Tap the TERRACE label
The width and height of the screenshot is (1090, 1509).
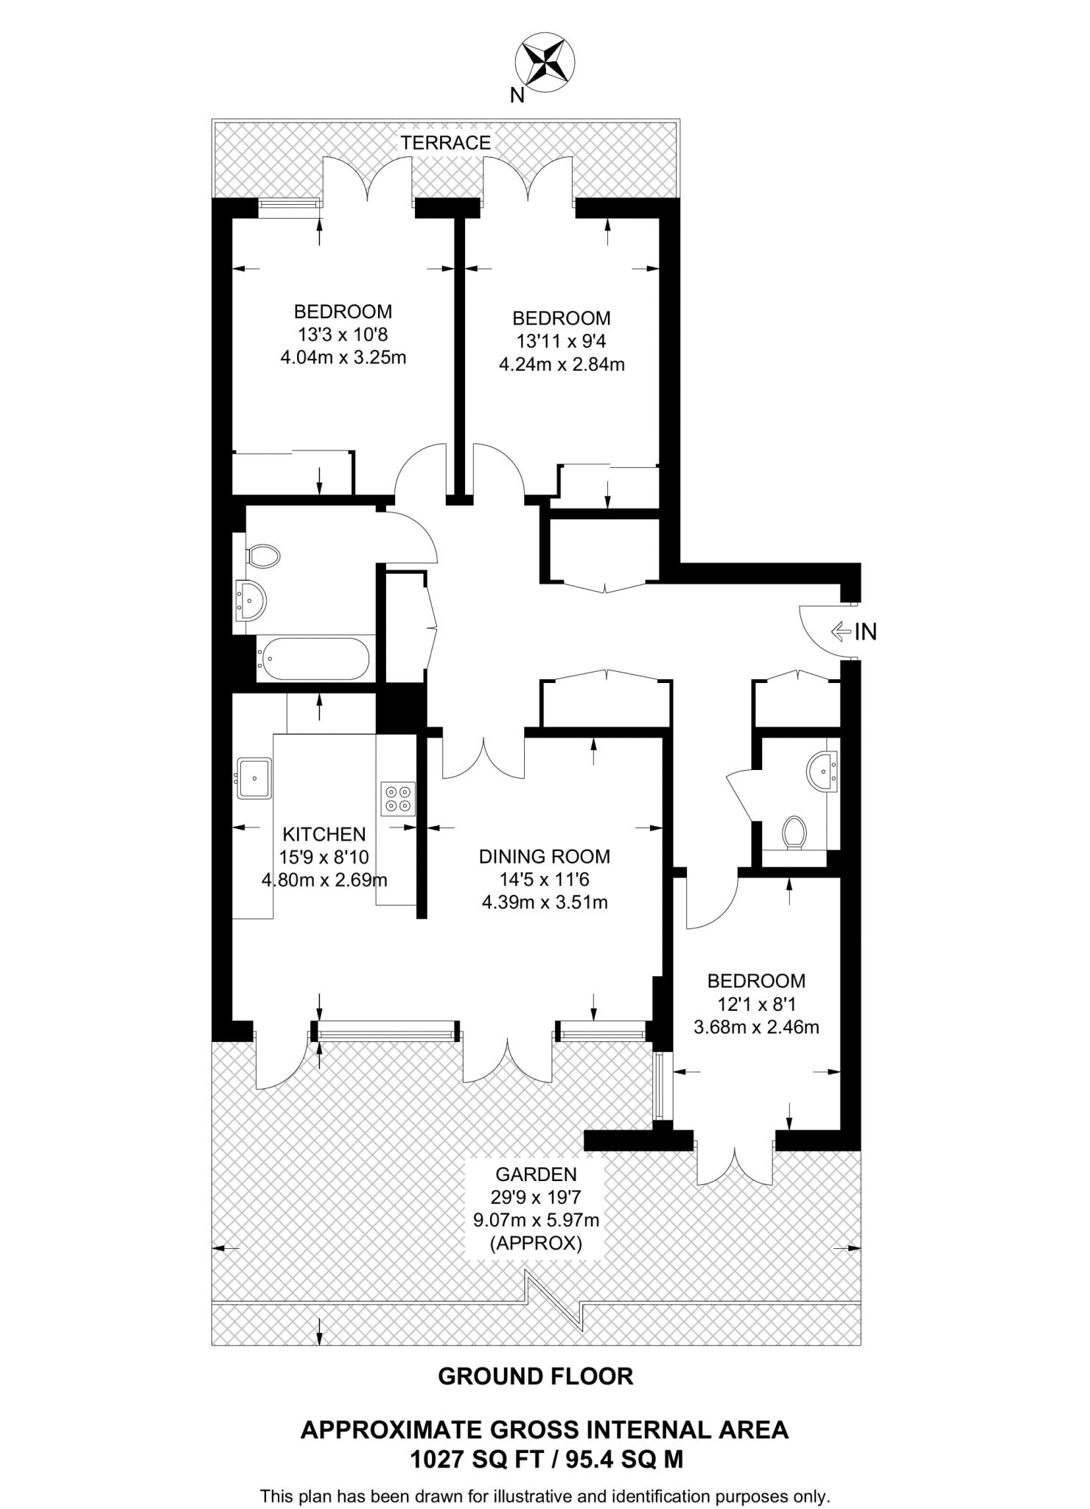point(445,143)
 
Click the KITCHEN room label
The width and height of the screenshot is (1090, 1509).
point(324,834)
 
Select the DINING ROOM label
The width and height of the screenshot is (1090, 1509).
point(544,856)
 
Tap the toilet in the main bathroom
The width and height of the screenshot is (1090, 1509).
point(263,556)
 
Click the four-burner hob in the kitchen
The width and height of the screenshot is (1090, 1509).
point(397,799)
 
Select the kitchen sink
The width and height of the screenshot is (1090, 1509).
point(254,778)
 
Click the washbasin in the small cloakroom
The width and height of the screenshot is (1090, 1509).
point(821,771)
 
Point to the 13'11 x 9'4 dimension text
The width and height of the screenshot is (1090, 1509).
point(561,342)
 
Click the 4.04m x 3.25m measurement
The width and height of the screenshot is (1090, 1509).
point(343,358)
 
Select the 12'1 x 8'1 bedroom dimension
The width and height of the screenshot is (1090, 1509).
point(755,1004)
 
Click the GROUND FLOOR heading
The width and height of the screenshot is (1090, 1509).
point(535,1376)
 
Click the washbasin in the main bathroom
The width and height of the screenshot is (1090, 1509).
point(251,599)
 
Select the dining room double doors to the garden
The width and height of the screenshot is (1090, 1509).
point(508,1060)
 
